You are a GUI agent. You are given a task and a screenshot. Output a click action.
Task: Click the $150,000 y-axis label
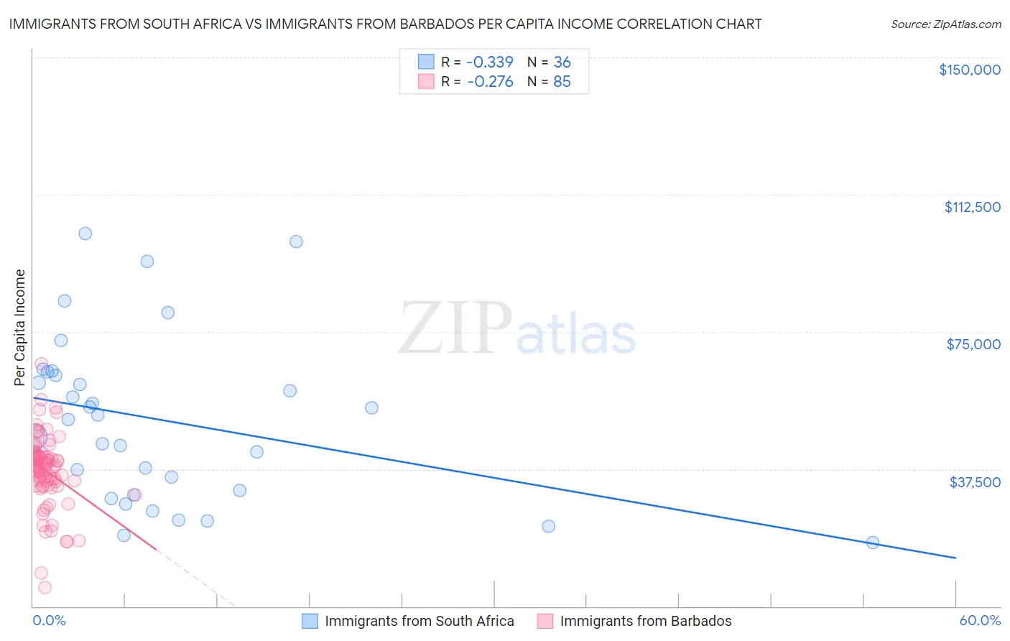coord(969,70)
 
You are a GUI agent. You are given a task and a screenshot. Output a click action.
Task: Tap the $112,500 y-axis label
coord(972,207)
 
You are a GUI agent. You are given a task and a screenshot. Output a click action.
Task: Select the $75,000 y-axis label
coord(973,344)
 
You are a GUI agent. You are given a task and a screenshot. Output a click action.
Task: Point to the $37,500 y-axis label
coord(975,482)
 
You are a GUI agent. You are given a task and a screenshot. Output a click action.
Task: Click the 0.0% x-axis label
coord(49,620)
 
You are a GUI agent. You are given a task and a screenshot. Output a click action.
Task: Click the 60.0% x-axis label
coord(980,620)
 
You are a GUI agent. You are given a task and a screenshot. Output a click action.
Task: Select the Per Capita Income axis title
coord(20,328)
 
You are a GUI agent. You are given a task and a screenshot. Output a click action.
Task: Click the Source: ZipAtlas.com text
coord(945,24)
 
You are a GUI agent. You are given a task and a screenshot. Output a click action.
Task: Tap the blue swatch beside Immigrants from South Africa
coord(310,621)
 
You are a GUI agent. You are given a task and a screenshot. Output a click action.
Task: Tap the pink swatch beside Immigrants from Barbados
coord(545,621)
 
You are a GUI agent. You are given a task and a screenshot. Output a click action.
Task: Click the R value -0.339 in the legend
coord(490,63)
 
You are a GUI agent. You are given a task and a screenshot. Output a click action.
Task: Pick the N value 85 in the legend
coord(562,82)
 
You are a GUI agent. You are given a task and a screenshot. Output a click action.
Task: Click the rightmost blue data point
coord(873,543)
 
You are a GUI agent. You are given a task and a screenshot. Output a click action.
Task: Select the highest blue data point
coord(85,234)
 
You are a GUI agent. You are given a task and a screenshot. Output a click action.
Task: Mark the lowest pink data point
coord(45,587)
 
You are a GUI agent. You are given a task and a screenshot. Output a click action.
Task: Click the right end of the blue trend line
coord(955,558)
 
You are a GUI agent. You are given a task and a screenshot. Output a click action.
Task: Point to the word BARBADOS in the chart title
coord(433,24)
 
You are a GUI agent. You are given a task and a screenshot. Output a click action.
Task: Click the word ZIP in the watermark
coord(455,329)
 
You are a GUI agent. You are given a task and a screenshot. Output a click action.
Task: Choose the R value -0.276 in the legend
coord(490,82)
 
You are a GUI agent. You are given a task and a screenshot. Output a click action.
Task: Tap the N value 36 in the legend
coord(562,63)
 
